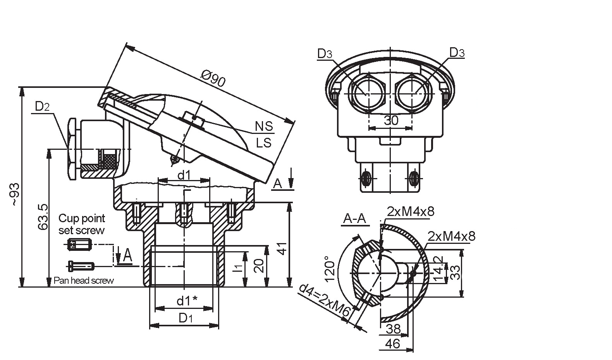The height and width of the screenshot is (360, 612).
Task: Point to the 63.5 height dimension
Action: coord(43,217)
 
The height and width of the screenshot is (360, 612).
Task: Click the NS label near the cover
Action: coord(264,126)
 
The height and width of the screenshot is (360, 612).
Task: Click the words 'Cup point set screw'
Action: coord(82,224)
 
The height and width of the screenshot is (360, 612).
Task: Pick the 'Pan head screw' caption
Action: coord(84,281)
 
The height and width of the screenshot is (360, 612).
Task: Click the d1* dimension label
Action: coord(187,300)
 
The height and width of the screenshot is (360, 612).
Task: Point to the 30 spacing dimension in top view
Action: coord(391,120)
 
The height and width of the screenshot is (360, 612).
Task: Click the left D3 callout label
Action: coord(325,54)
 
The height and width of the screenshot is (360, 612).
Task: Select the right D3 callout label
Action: coord(457,53)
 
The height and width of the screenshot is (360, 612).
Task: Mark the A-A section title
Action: coord(354,219)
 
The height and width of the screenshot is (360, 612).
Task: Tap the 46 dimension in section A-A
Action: coord(393,344)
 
